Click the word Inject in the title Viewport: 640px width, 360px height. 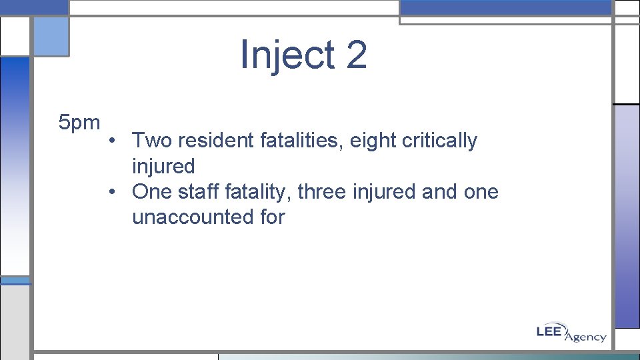[x=287, y=55]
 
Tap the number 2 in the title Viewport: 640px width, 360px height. [x=356, y=55]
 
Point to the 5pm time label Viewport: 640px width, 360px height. [x=79, y=123]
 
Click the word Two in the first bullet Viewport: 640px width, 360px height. [x=152, y=141]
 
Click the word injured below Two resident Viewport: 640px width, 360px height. [x=163, y=166]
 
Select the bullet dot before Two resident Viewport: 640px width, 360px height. [x=115, y=141]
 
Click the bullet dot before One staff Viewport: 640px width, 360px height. [x=115, y=192]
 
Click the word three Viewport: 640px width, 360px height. [x=321, y=192]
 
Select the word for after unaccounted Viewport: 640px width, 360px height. [x=271, y=217]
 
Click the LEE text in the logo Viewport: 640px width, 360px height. [x=551, y=331]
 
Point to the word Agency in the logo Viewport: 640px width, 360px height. [x=585, y=337]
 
